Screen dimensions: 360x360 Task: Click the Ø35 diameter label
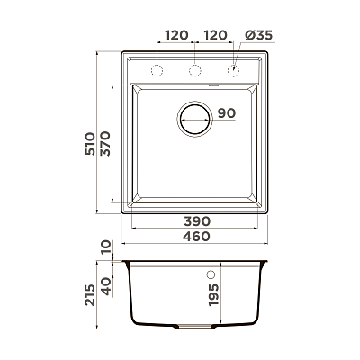(258, 36)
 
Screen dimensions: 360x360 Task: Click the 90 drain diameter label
(227, 113)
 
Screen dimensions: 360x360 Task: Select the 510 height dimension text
(90, 144)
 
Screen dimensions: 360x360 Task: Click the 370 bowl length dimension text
(105, 144)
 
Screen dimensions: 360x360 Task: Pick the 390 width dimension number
(197, 221)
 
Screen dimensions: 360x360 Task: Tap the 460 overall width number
(196, 237)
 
